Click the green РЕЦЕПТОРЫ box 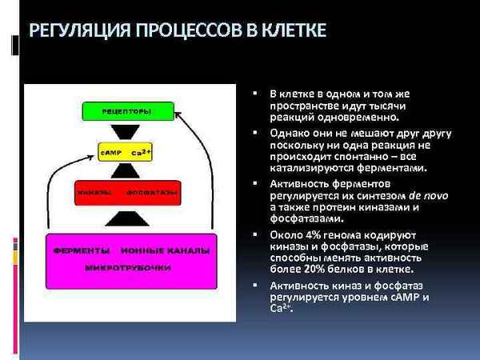tap(128, 110)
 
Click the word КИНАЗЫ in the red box tap(94, 193)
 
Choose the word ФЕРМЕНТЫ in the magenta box tap(79, 250)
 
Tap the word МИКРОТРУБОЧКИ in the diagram tap(128, 266)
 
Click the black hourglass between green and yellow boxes tap(128, 130)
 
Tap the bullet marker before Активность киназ tap(254, 286)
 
